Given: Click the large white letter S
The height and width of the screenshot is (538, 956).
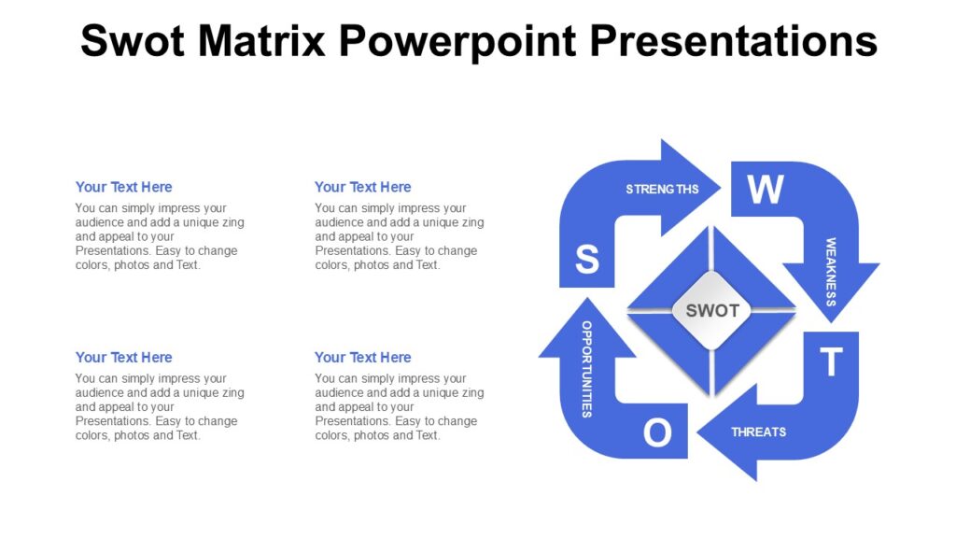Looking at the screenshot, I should pyautogui.click(x=586, y=260).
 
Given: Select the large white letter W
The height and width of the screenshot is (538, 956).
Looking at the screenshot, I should pyautogui.click(x=766, y=190).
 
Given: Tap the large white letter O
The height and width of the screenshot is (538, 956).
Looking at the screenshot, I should pyautogui.click(x=657, y=433).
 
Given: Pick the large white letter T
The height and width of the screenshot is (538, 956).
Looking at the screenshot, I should pyautogui.click(x=831, y=362).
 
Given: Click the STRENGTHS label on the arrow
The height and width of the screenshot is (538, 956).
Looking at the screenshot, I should pyautogui.click(x=662, y=190).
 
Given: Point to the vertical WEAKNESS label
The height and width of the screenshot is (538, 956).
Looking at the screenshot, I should pyautogui.click(x=830, y=272).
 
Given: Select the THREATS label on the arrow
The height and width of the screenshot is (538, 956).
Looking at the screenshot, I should pyautogui.click(x=758, y=432).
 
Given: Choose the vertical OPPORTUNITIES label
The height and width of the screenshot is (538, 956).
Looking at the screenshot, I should pyautogui.click(x=586, y=368).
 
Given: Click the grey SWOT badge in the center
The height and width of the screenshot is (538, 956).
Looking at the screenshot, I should pyautogui.click(x=711, y=310).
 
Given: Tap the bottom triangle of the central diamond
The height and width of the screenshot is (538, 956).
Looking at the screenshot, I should pyautogui.click(x=711, y=361).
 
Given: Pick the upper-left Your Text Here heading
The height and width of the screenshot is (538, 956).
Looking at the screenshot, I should pyautogui.click(x=123, y=187).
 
